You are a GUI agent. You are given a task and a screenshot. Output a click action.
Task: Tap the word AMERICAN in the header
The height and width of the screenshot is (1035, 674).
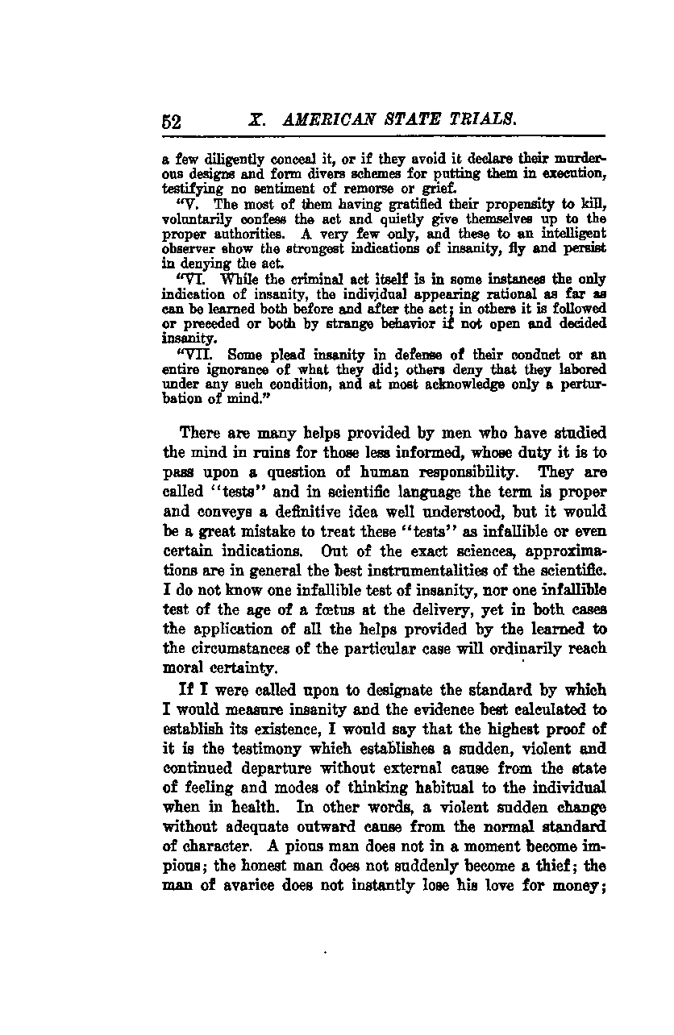click(x=321, y=120)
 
